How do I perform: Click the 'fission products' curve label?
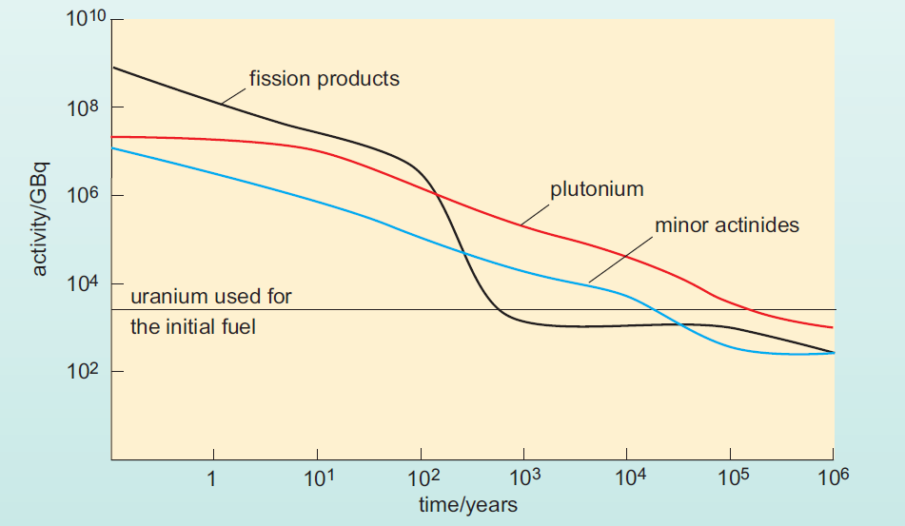(324, 79)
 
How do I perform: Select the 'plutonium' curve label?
(596, 189)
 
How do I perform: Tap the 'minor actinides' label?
(726, 226)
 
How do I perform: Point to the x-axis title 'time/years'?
(468, 504)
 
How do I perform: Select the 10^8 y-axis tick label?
(83, 109)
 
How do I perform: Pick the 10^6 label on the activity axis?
(83, 197)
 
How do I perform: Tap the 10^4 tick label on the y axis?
(83, 285)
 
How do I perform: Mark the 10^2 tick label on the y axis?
(83, 373)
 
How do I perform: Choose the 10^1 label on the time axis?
(316, 477)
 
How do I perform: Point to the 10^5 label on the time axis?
(729, 477)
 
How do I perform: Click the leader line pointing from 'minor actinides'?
(618, 258)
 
